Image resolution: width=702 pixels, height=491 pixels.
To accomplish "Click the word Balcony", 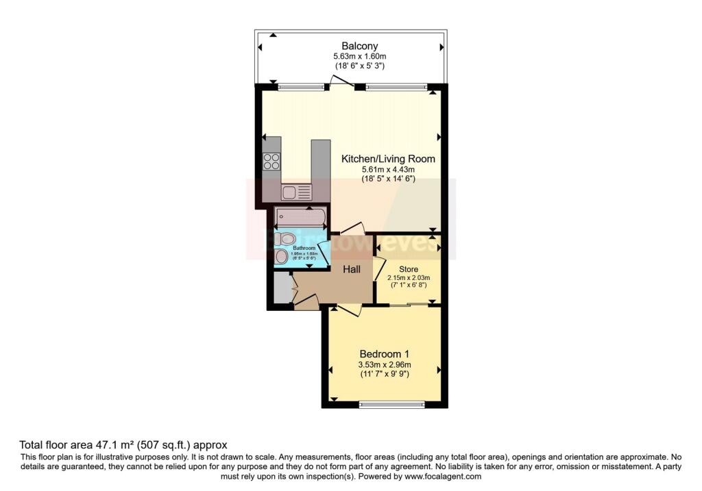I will click(x=350, y=47).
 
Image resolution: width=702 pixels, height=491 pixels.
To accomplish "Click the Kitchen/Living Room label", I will click(x=388, y=158).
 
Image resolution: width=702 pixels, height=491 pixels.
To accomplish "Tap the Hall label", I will click(x=352, y=269).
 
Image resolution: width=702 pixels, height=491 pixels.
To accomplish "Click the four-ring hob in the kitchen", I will click(x=271, y=162).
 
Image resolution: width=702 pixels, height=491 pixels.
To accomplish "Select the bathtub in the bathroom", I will click(x=300, y=218).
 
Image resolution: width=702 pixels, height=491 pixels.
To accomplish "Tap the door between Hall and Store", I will click(x=379, y=268).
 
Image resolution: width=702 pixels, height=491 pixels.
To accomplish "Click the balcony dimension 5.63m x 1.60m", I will click(x=350, y=57).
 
